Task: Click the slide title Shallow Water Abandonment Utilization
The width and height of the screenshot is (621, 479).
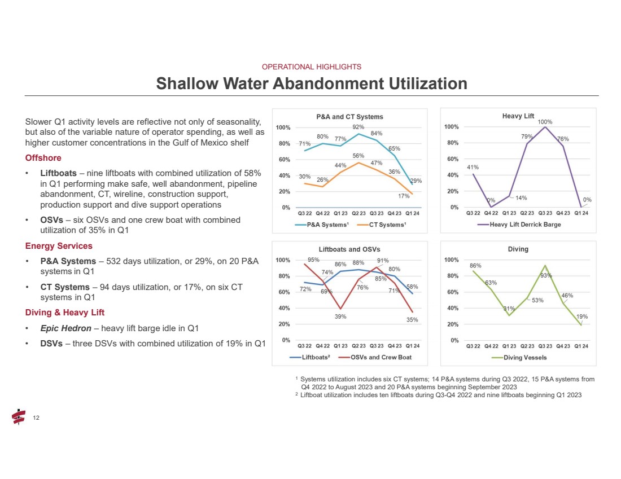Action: [x=312, y=84]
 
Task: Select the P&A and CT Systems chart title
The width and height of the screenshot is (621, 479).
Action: [x=349, y=117]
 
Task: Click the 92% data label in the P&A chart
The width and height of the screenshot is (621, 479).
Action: [x=358, y=127]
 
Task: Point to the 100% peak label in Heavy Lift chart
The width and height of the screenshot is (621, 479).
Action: [x=545, y=121]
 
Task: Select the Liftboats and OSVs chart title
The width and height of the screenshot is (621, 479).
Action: [x=349, y=249]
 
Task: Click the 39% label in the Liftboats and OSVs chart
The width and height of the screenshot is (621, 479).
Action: [x=340, y=317]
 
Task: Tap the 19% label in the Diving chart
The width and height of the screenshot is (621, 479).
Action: [x=583, y=317]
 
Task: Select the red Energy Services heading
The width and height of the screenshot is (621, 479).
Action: [x=59, y=246]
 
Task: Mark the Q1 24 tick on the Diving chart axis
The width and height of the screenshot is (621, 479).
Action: [x=581, y=346]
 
